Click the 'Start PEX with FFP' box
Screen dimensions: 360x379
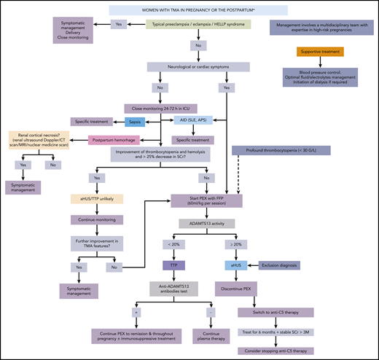[206, 201]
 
